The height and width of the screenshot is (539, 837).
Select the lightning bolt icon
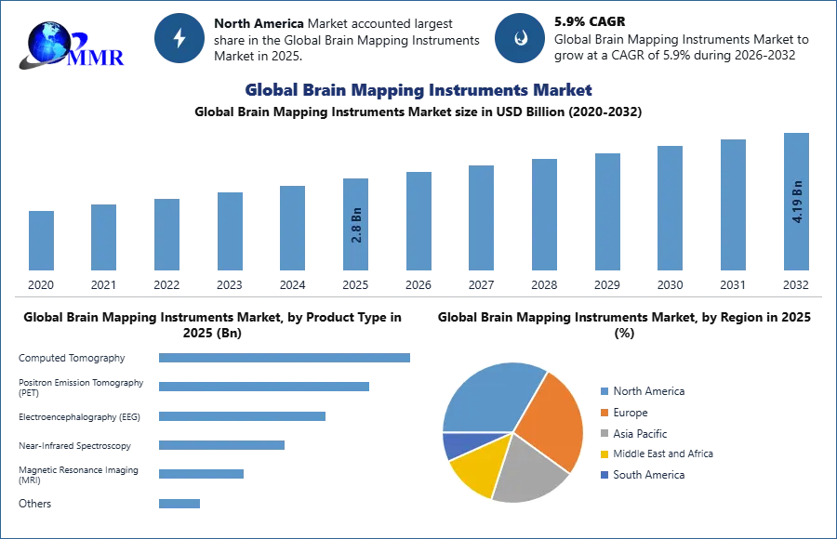pyautogui.click(x=180, y=38)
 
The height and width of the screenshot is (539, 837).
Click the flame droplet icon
pyautogui.click(x=520, y=38)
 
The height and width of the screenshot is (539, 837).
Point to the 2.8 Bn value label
pyautogui.click(x=356, y=224)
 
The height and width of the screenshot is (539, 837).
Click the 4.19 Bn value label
pyautogui.click(x=797, y=200)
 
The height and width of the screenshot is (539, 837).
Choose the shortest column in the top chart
pyautogui.click(x=41, y=241)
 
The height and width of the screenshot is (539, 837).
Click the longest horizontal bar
pyautogui.click(x=286, y=357)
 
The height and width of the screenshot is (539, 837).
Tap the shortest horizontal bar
pyautogui.click(x=178, y=505)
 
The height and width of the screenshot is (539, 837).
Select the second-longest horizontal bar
pyautogui.click(x=263, y=387)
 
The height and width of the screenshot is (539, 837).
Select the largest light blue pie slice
pyautogui.click(x=488, y=395)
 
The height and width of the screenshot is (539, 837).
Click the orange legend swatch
pyautogui.click(x=603, y=413)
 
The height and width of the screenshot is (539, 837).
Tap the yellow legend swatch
pyautogui.click(x=603, y=454)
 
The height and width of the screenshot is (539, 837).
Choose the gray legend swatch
pyautogui.click(x=603, y=433)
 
